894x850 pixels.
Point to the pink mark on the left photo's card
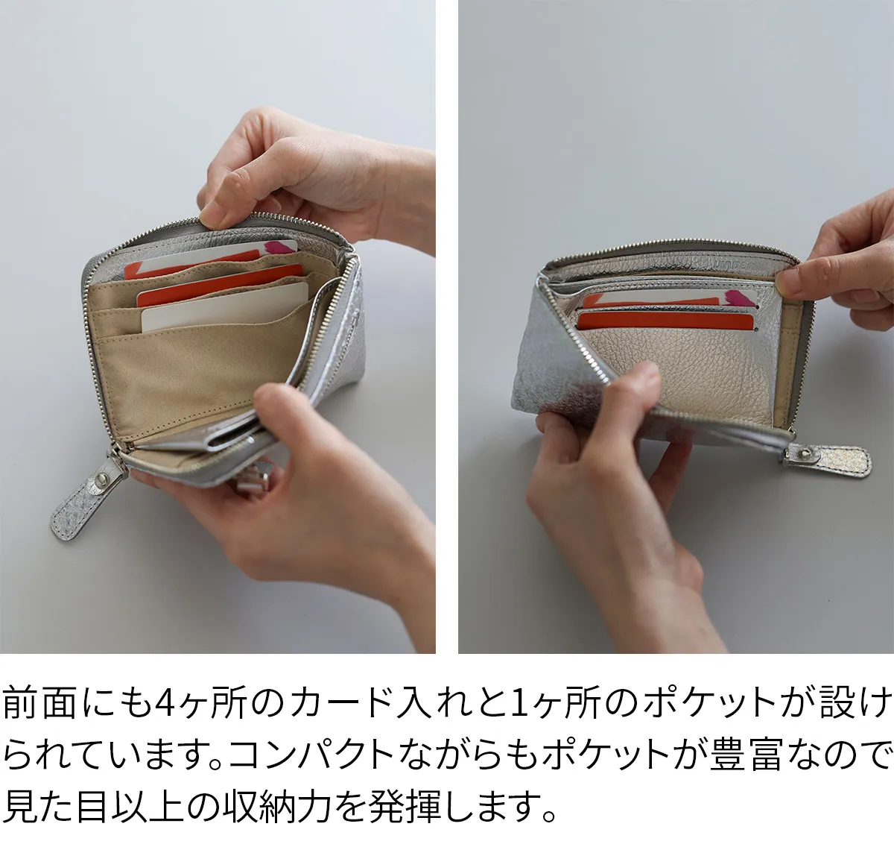point(279,248)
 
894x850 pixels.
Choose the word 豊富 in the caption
point(745,754)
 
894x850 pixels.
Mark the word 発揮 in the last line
point(404,807)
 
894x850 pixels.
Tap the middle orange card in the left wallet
point(220,283)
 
